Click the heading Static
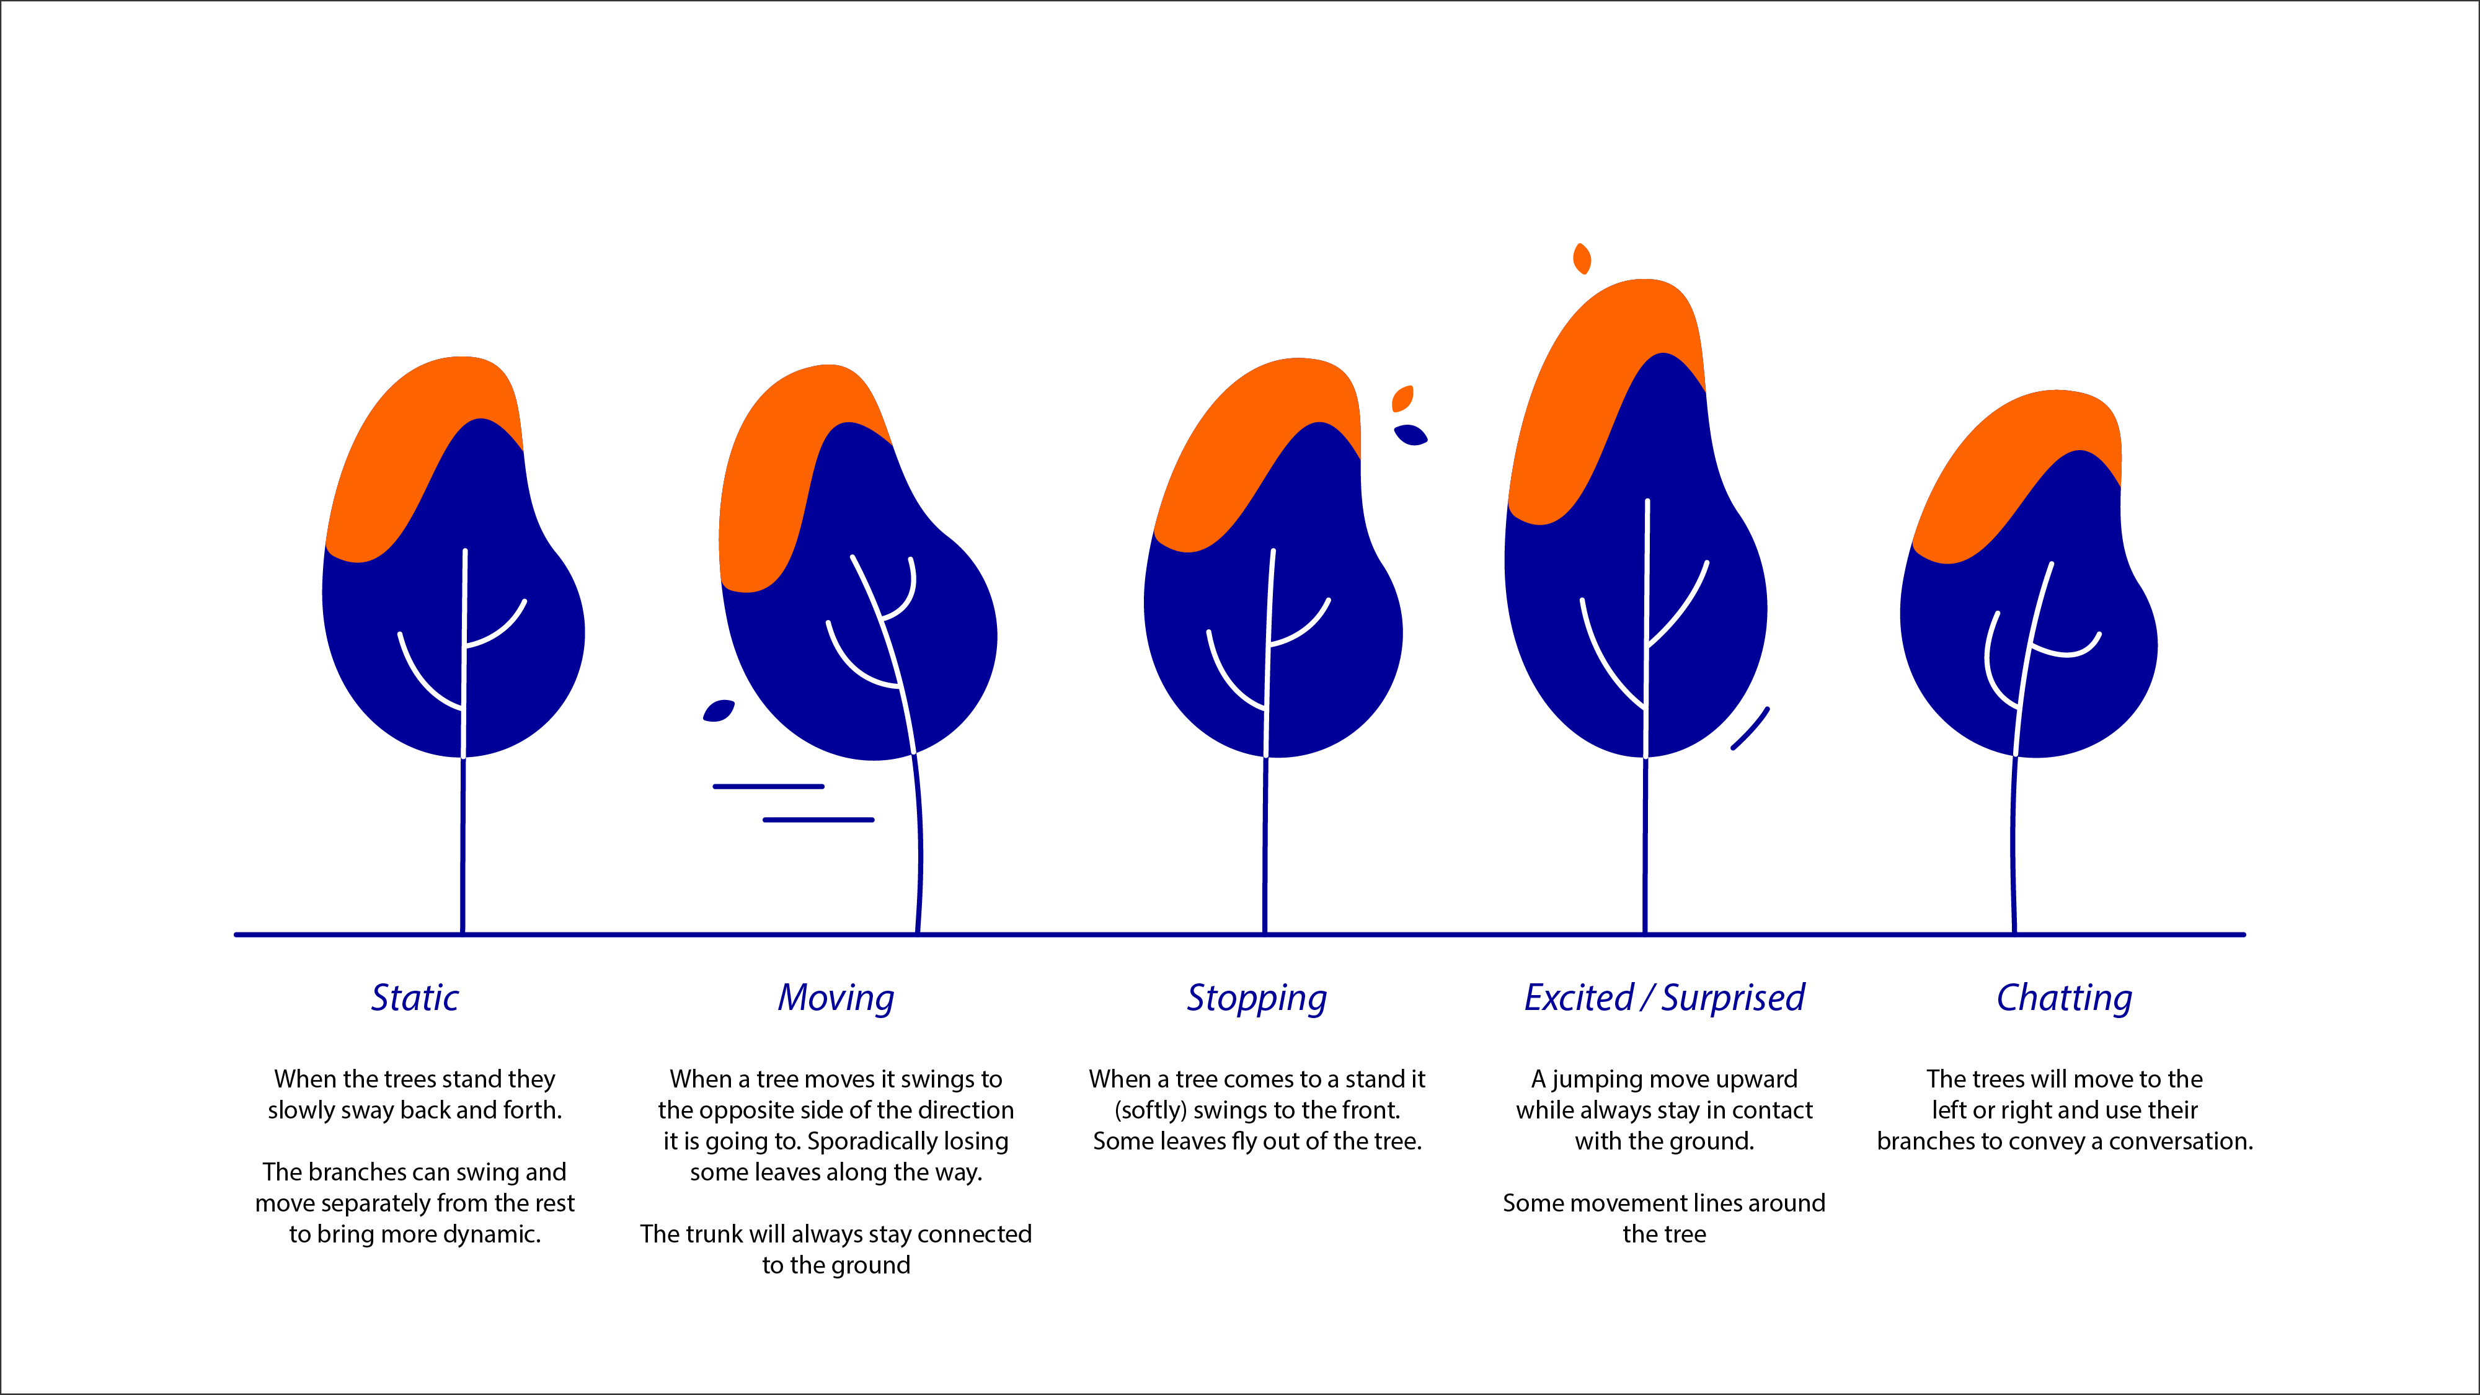click(x=415, y=998)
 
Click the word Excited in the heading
click(x=1579, y=998)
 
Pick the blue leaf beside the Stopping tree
click(x=1410, y=435)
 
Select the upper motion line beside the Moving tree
click(x=768, y=787)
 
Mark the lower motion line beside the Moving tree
click(x=818, y=819)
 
